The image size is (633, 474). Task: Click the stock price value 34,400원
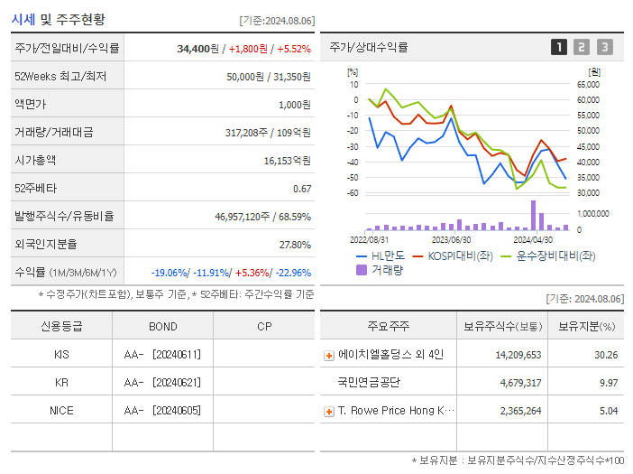(198, 49)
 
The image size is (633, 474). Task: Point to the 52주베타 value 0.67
(302, 188)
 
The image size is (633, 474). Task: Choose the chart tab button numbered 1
(559, 47)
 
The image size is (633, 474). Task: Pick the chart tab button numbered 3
(604, 47)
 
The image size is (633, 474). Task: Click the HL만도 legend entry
(382, 256)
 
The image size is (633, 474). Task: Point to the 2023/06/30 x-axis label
(452, 240)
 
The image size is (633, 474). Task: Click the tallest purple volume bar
(533, 215)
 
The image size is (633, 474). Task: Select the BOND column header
(162, 326)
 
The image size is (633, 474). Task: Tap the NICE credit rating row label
(61, 410)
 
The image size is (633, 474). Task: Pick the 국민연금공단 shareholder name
(369, 383)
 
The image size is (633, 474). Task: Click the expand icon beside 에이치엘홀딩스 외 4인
(329, 356)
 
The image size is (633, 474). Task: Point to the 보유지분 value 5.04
(608, 411)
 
